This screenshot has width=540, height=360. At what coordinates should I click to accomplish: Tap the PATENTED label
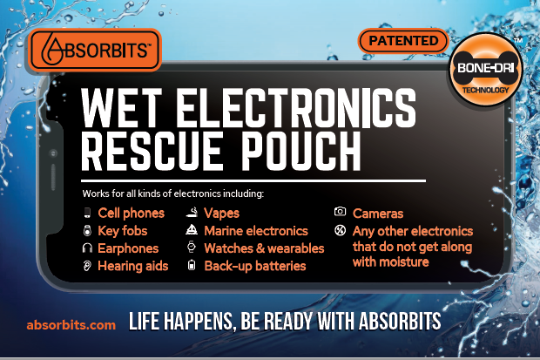[x=402, y=40]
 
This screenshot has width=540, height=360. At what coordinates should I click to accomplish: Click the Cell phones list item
[x=131, y=214]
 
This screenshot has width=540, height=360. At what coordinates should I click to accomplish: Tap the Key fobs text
[x=123, y=231]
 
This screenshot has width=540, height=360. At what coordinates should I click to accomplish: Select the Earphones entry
[x=127, y=248]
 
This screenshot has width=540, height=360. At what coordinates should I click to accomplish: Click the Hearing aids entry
[x=132, y=266]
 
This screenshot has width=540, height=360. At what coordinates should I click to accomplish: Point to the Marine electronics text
[x=256, y=231]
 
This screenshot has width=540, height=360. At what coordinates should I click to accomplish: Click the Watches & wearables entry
[x=264, y=248]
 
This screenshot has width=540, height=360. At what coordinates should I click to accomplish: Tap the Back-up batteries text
[x=255, y=266]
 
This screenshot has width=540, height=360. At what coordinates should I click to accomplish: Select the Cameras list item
[x=378, y=214]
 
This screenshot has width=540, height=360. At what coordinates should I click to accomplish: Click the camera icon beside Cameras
[x=341, y=213]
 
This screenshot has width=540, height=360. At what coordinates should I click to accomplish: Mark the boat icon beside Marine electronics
[x=192, y=231]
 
